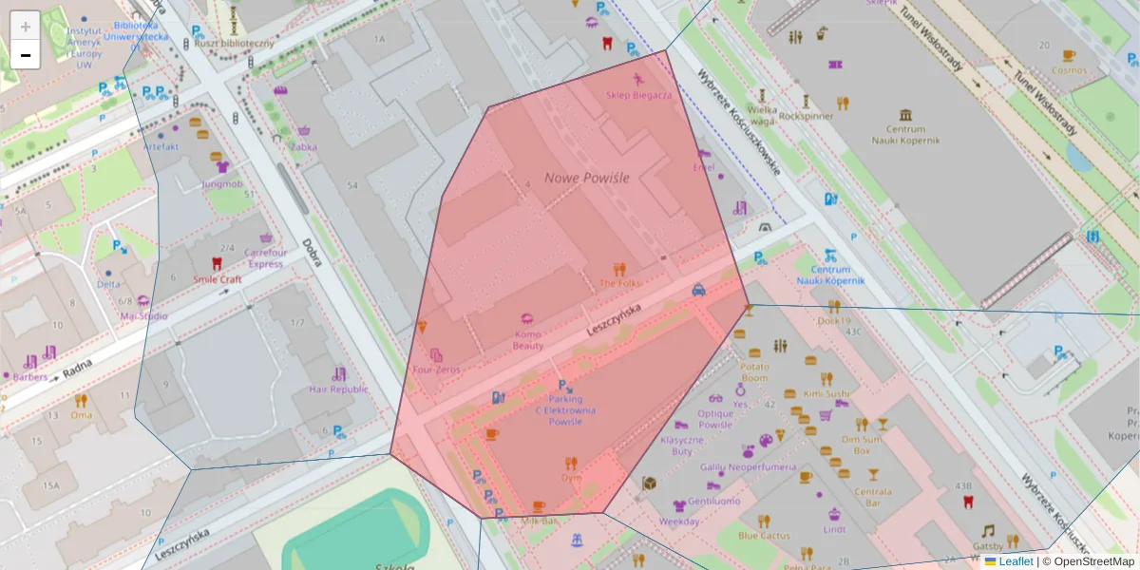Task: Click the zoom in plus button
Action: click(26, 26)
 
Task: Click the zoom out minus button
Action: click(26, 55)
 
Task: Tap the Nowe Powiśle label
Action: click(586, 178)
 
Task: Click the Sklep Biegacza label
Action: click(638, 95)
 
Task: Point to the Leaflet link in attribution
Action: click(1016, 561)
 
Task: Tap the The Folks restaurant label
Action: click(619, 283)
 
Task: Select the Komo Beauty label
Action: click(528, 340)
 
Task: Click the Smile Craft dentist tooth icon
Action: click(217, 264)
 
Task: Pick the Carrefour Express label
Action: click(265, 258)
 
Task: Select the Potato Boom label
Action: click(753, 371)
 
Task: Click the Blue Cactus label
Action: click(764, 536)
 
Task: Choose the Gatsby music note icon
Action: click(988, 530)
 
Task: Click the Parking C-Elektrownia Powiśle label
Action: click(565, 410)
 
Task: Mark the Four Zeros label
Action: click(436, 370)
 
